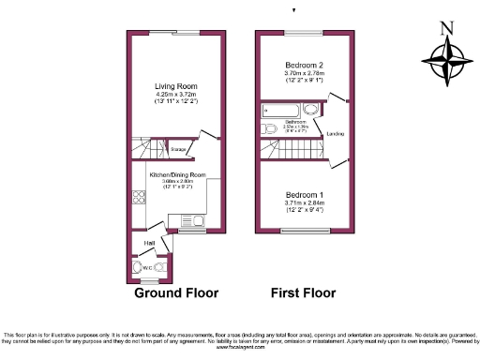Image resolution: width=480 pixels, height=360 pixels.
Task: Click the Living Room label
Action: click(x=176, y=88)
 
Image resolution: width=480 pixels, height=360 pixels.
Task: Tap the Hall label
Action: click(x=149, y=244)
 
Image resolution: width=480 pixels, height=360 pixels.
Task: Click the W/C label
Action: click(x=147, y=267)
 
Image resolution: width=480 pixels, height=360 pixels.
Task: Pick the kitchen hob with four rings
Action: click(x=140, y=198)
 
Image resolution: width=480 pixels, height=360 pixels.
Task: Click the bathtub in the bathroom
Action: click(x=280, y=111)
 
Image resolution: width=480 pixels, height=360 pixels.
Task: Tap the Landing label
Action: click(x=335, y=135)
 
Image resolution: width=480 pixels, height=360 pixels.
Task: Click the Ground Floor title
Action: click(x=176, y=292)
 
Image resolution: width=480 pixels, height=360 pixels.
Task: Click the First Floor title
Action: click(x=303, y=292)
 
